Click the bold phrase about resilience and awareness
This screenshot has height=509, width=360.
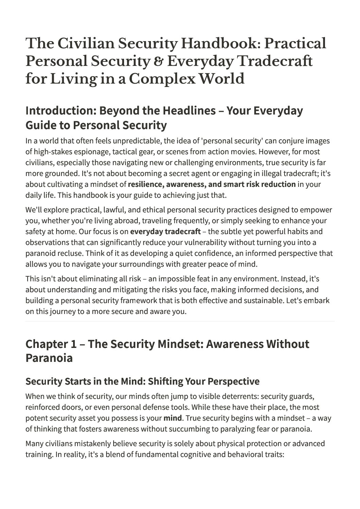212,185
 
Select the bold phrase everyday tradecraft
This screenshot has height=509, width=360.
165,232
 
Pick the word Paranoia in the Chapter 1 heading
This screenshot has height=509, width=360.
49,358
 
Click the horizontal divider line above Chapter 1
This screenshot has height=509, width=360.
180,321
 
